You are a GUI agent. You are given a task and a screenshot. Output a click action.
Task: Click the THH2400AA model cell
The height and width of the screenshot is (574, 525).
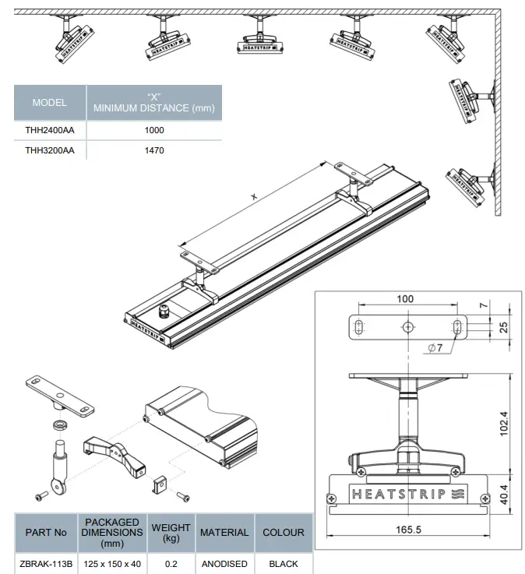coord(50,131)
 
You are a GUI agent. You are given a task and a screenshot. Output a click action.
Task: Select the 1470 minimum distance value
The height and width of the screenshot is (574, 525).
coord(154,151)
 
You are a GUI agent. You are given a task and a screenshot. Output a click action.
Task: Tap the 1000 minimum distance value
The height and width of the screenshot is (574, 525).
coord(154,131)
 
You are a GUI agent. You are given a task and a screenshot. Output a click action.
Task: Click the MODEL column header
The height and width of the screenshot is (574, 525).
coord(50,103)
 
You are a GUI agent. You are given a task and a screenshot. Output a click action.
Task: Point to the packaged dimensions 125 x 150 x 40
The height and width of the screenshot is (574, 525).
coord(113,563)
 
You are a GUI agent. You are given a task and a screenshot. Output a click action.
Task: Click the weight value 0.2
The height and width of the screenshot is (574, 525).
coord(171,563)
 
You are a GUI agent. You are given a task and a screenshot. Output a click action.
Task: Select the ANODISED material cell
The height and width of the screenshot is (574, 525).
coord(224,563)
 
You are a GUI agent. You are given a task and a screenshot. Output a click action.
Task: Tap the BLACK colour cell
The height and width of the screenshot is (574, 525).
coord(284,563)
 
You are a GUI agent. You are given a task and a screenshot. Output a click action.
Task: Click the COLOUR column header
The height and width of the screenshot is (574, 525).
coord(284,533)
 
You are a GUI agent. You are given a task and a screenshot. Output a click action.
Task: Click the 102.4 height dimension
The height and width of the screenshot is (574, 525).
coord(503,424)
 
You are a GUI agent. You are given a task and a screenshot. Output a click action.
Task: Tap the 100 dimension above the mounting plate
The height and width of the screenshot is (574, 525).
coord(405,298)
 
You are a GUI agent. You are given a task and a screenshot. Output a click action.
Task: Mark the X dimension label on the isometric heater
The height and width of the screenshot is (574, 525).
coord(253,198)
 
